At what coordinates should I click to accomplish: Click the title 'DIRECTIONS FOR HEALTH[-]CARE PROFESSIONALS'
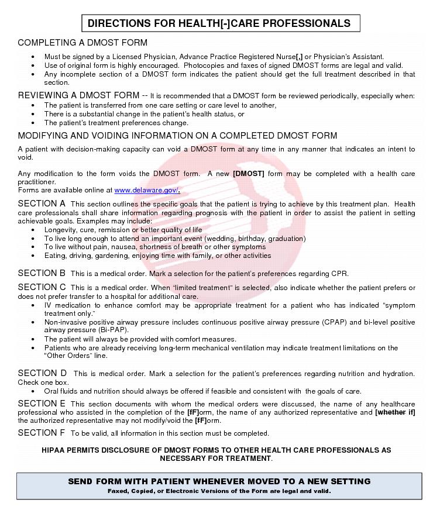219,23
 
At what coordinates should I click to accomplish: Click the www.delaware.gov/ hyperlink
147,190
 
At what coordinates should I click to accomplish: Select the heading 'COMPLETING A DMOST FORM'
82,43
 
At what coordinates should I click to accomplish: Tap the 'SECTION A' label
42,204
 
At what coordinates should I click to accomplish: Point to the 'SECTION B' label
42,273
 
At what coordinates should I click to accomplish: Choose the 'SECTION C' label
42,287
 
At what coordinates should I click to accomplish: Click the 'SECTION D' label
42,373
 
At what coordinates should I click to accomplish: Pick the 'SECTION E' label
42,404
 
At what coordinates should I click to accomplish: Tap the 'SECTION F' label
41,433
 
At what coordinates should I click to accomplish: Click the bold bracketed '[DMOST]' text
249,174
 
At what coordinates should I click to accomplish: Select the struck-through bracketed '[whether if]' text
395,412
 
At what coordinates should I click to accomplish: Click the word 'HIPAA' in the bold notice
56,450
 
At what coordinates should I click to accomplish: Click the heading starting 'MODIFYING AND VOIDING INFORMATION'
177,136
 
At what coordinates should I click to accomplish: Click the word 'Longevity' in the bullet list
60,230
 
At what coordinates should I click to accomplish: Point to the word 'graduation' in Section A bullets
284,239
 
